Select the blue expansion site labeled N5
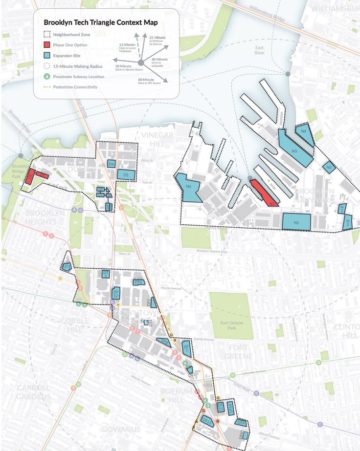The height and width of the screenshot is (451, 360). point(296,222)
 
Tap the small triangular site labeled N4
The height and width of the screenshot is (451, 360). point(304,132)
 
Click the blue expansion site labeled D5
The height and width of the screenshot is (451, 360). point(126,174)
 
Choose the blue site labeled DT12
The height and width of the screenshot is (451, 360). point(116,293)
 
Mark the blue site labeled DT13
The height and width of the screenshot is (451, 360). point(207,421)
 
